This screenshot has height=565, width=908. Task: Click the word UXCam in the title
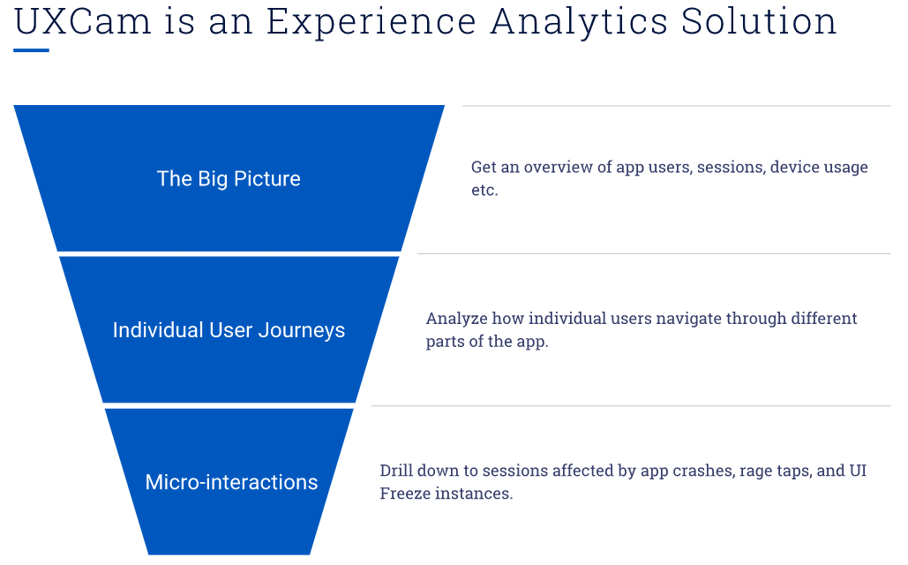[x=83, y=21]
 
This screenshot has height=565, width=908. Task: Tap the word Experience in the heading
[x=371, y=22]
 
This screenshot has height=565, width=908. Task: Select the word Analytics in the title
[x=579, y=22]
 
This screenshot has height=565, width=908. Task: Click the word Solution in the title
[x=759, y=21]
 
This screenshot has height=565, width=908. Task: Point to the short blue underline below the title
[x=31, y=50]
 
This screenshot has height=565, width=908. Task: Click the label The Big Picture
[x=229, y=179]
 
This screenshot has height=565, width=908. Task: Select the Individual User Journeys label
[x=229, y=330]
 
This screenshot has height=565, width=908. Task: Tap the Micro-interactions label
[x=231, y=482]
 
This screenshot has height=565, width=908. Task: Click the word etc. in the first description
[x=484, y=190]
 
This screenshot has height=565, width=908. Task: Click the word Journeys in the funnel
[x=302, y=331]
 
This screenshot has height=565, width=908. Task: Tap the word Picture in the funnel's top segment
[x=267, y=179]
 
